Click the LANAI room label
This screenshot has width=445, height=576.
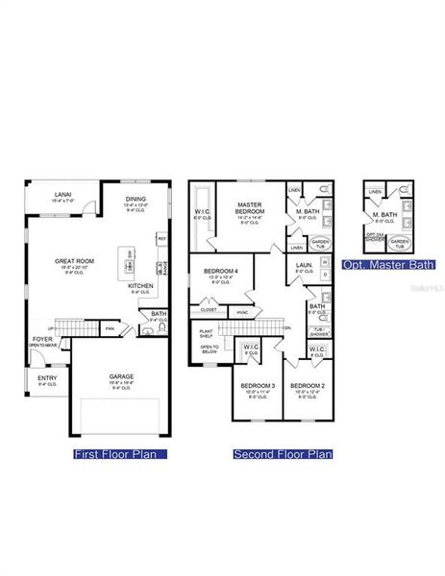[x=62, y=192]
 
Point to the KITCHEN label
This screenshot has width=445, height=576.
[x=141, y=286]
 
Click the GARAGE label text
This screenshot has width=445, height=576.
[x=121, y=375]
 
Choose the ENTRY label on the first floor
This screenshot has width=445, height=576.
[x=47, y=377]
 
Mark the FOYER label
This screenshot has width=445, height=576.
[x=42, y=338]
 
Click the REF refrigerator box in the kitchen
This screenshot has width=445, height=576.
[x=161, y=239]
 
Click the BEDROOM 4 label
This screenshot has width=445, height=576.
[x=220, y=272]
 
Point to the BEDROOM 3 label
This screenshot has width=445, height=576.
[x=257, y=385]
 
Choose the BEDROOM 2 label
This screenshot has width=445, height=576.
[x=309, y=385]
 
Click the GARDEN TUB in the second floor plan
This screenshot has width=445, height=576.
[x=320, y=244]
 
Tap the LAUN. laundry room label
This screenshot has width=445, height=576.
[x=304, y=266]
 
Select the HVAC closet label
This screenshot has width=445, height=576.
[x=243, y=311]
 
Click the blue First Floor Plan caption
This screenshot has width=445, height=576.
[x=121, y=454]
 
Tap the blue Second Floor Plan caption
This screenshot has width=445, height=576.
[x=283, y=454]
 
